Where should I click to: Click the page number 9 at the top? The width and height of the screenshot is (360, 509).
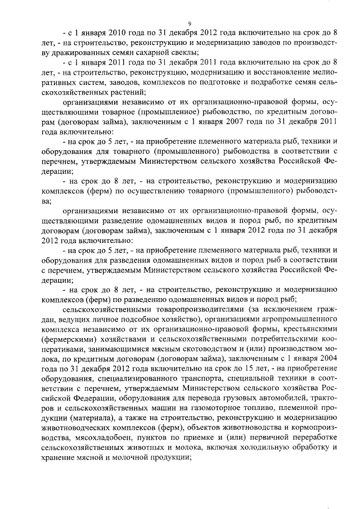[190, 23]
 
